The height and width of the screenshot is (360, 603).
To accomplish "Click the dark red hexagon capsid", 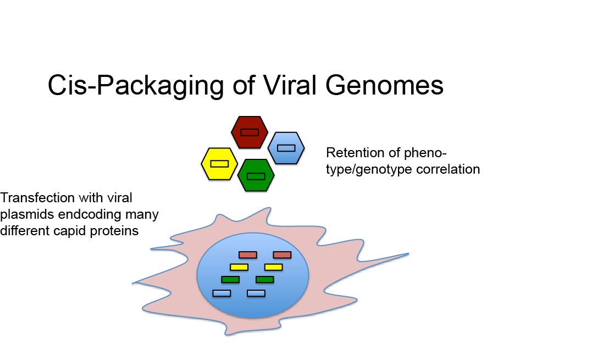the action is point(250,132).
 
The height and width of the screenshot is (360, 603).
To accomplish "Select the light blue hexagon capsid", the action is point(286,148).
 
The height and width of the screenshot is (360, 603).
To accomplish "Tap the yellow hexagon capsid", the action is point(219,164).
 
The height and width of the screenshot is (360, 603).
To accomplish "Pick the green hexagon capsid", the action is point(256,175).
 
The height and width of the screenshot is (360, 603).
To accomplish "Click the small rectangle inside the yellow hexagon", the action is point(219,163).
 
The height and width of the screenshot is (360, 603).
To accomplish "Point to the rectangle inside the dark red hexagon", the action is point(250,132).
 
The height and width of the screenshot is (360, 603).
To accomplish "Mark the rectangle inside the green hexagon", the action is point(256,176).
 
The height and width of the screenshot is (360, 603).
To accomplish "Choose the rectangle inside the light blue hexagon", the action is point(286,148).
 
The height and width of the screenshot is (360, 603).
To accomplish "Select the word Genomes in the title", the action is point(385,85).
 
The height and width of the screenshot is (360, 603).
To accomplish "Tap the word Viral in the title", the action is point(290,85).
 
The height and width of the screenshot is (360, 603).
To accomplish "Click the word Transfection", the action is point(38,198).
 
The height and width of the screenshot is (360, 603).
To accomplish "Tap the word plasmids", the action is point(27,214).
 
